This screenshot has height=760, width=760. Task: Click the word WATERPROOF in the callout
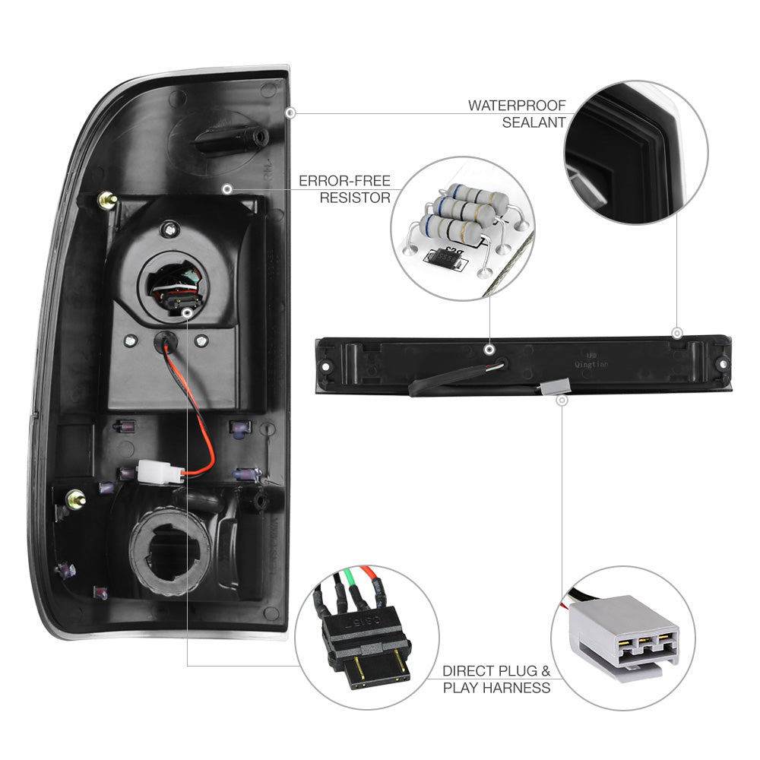(517, 105)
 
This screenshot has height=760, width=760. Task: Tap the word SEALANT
(534, 122)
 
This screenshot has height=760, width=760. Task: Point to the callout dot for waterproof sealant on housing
(290, 112)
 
